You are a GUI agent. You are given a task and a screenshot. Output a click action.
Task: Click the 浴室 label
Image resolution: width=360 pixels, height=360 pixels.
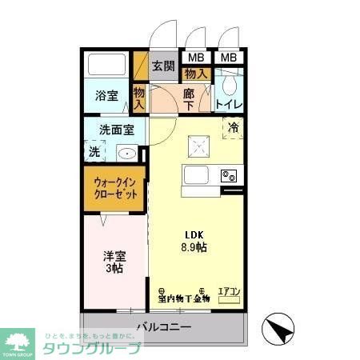(x=107, y=96)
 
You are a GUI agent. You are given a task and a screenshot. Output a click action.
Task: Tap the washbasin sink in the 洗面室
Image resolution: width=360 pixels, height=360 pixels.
(x=126, y=153)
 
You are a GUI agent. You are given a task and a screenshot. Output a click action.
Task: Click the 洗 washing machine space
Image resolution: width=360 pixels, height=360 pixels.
(x=94, y=150)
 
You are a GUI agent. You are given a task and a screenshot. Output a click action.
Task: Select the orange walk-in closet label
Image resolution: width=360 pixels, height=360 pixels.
(x=115, y=189)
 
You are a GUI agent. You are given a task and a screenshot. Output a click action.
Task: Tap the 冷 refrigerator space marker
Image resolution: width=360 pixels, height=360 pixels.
(x=234, y=127)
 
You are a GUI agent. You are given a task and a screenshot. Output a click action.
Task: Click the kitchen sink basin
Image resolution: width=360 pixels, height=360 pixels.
(x=197, y=175)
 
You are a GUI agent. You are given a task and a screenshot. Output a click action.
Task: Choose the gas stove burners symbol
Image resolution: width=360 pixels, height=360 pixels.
(x=229, y=175)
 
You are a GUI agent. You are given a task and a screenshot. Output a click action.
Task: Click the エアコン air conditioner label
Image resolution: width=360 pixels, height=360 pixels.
(x=230, y=292)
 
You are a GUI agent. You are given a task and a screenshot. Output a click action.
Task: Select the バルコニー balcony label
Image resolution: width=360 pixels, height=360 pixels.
(x=163, y=327)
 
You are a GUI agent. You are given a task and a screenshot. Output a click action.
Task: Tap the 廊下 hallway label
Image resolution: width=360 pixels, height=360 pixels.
(x=188, y=99)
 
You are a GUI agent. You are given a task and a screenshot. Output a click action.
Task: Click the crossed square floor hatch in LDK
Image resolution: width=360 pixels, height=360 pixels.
(x=198, y=145)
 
